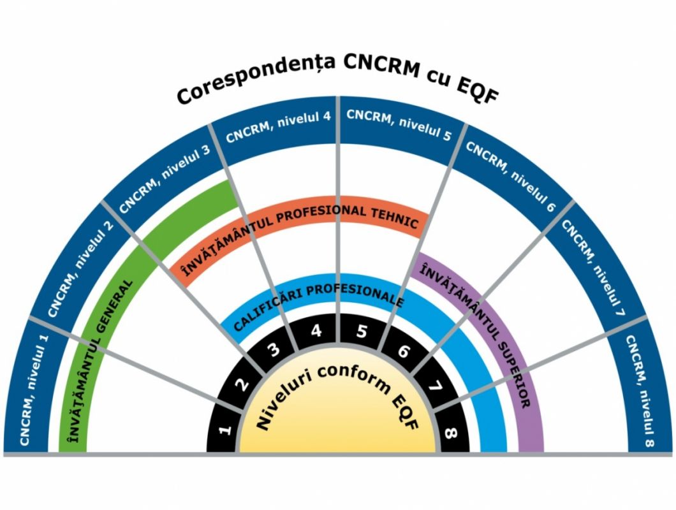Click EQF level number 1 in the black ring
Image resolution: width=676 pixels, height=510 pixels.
coord(224,430)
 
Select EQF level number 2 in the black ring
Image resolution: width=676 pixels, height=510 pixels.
coord(242,384)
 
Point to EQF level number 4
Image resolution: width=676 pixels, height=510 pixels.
coord(316,332)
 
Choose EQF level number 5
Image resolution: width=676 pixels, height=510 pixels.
coord(362,331)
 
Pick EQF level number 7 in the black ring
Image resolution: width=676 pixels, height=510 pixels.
coord(435,386)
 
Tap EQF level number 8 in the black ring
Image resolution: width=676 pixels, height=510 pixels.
coord(452,433)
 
